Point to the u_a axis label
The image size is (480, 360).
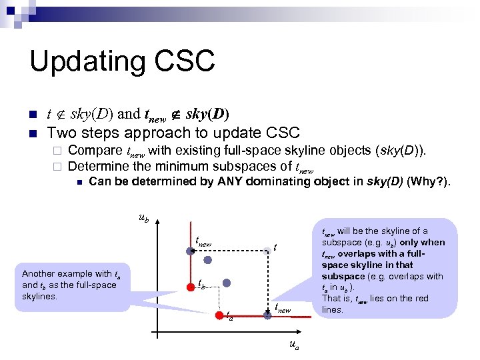(x=293, y=345)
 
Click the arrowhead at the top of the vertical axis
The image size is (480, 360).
(x=156, y=223)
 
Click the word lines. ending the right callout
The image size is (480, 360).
(x=333, y=309)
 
